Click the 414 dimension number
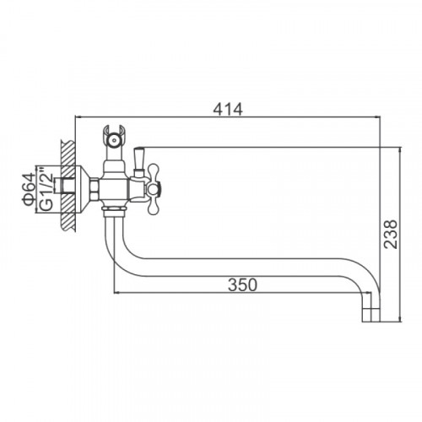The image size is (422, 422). [228, 110]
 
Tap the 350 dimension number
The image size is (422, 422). [242, 284]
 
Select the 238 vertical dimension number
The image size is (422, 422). [391, 234]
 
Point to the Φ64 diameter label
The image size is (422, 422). [29, 190]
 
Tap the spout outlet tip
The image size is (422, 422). [371, 315]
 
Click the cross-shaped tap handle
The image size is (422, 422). [154, 188]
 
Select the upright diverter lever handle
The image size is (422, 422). [139, 159]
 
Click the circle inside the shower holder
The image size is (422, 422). [114, 140]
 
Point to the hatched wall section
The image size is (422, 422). [68, 186]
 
